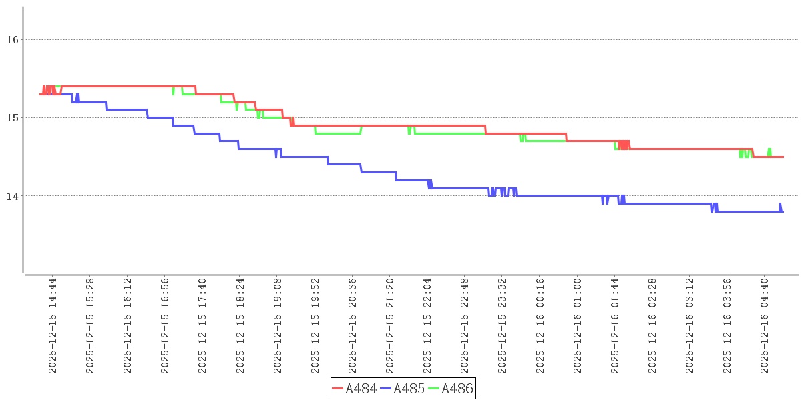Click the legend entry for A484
click(x=355, y=389)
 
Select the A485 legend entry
click(x=403, y=389)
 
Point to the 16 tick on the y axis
click(x=11, y=40)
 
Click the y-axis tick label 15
click(x=11, y=118)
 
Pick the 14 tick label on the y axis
click(x=11, y=196)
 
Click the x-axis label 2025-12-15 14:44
click(x=53, y=326)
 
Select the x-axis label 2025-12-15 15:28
click(x=90, y=326)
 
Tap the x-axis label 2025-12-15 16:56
click(x=165, y=326)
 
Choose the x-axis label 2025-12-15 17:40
click(x=202, y=326)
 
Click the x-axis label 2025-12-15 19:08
click(x=277, y=326)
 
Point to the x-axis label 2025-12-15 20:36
click(x=352, y=326)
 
